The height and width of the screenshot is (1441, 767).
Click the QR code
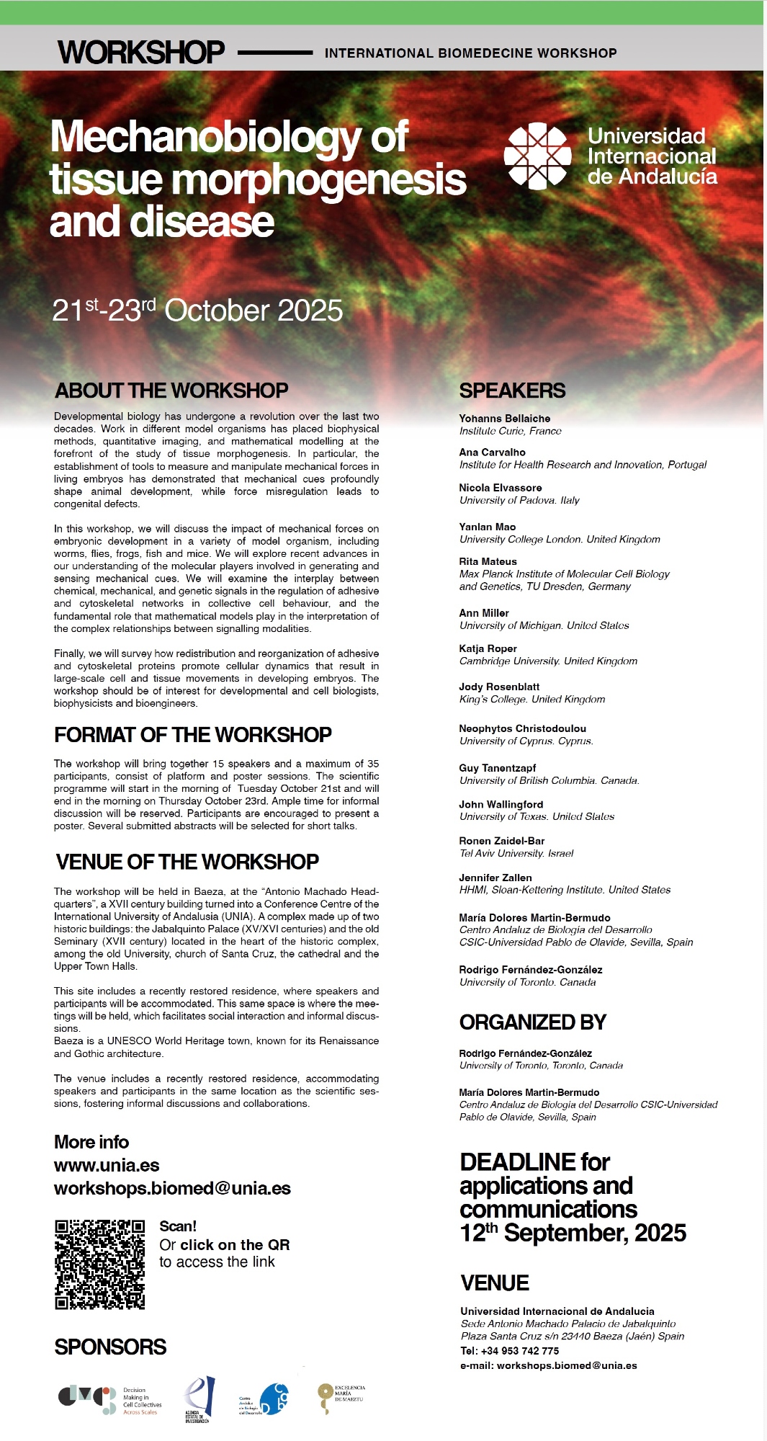pyautogui.click(x=99, y=1264)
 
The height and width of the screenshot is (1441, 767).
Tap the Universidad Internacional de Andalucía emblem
pyautogui.click(x=537, y=156)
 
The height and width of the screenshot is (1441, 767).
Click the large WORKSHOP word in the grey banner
pyautogui.click(x=141, y=53)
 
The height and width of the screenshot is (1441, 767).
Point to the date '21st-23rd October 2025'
pyautogui.click(x=197, y=311)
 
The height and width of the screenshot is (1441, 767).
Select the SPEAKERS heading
pyautogui.click(x=512, y=391)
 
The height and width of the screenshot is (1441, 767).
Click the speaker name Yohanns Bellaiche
pyautogui.click(x=504, y=419)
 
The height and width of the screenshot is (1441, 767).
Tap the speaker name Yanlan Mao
pyautogui.click(x=487, y=527)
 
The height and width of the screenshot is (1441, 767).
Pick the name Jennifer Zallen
pyautogui.click(x=495, y=878)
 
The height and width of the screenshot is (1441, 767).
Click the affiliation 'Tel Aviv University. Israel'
pyautogui.click(x=516, y=853)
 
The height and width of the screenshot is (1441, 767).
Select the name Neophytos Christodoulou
pyautogui.click(x=522, y=728)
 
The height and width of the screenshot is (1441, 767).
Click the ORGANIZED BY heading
pyautogui.click(x=532, y=1022)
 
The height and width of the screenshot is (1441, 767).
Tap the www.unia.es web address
pyautogui.click(x=107, y=1165)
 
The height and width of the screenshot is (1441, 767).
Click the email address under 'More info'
pyautogui.click(x=172, y=1188)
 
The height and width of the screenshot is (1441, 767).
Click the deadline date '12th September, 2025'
pyautogui.click(x=573, y=1233)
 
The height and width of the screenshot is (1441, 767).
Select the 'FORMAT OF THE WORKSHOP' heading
pyautogui.click(x=192, y=734)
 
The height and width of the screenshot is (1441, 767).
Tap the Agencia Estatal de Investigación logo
pyautogui.click(x=199, y=1398)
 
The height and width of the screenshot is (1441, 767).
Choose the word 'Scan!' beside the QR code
pyautogui.click(x=177, y=1226)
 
